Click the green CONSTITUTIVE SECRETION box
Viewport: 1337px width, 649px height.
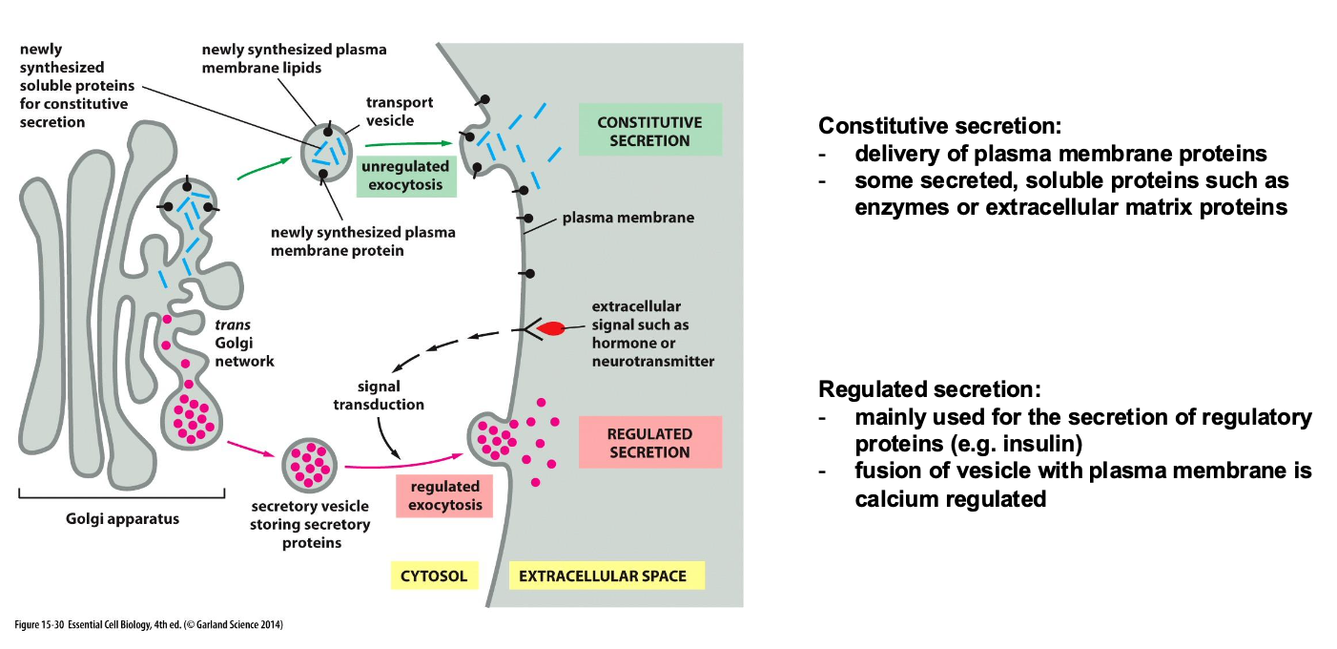649,131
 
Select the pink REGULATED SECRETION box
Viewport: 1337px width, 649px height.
649,443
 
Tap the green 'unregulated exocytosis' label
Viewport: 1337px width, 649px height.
406,176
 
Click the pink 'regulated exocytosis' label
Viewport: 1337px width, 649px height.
444,495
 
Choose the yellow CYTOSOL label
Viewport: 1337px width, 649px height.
434,576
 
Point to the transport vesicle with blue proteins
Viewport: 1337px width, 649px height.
327,152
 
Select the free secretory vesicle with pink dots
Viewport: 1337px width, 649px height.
310,466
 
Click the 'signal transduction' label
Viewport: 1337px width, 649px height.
378,395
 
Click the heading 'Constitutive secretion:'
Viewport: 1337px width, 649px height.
939,126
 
